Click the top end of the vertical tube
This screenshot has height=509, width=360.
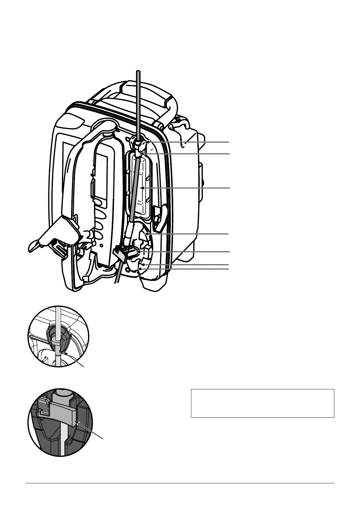138,71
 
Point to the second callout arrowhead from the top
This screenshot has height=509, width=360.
145,154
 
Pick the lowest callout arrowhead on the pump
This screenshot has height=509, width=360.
139,268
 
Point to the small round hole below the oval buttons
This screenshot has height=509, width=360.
101,245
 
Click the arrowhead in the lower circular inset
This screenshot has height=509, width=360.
77,421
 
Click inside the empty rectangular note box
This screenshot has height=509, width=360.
262,403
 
